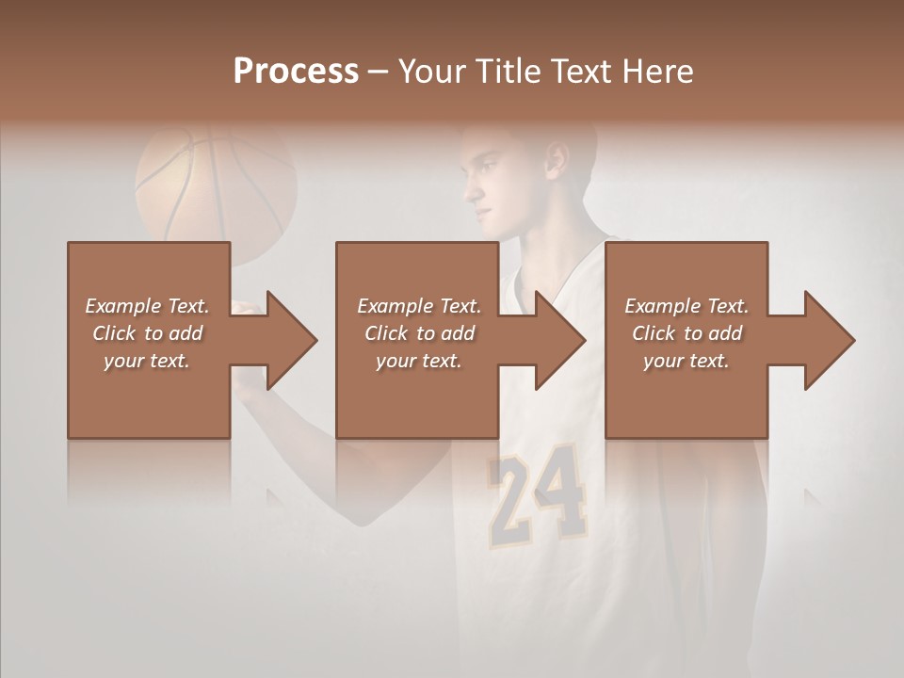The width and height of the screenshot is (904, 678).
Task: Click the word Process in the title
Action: (296, 71)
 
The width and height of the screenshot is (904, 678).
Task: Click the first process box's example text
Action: (147, 333)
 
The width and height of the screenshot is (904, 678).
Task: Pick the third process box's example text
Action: (686, 333)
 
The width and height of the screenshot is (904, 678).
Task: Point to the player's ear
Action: (557, 160)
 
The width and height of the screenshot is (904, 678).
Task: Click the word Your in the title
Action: (430, 71)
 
